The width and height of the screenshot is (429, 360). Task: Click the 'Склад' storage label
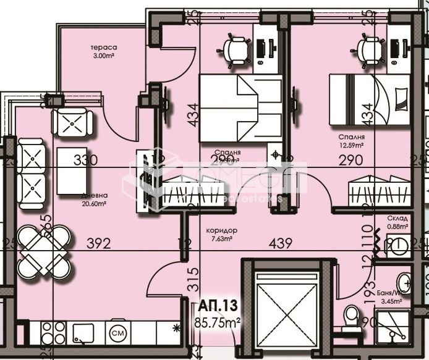(397, 218)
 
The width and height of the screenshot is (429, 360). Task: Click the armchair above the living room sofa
(72, 122)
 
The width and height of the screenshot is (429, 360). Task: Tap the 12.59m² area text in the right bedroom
(350, 146)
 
